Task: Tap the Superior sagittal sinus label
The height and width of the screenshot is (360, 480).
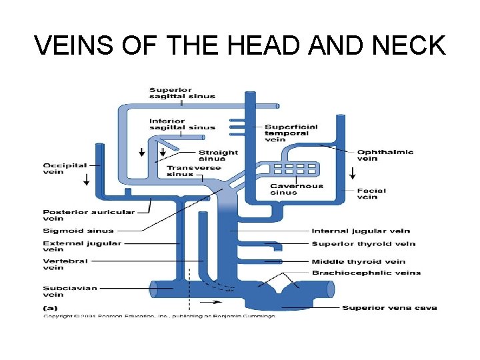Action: [182, 93]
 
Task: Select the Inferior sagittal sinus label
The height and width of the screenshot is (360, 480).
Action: [182, 124]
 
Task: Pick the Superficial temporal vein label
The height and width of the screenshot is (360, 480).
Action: [291, 133]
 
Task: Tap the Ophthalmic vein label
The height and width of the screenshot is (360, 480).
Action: [385, 155]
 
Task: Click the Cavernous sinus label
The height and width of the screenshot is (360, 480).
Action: [297, 189]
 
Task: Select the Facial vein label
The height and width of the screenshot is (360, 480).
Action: [371, 193]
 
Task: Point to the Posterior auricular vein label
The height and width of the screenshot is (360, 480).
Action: [89, 215]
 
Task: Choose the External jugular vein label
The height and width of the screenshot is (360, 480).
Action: [82, 247]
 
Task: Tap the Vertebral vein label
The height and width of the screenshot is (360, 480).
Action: [63, 264]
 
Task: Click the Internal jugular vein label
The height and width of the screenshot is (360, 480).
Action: [361, 231]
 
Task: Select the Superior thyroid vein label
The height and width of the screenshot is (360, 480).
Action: [363, 244]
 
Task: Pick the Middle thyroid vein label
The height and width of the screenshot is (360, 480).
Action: [358, 261]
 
